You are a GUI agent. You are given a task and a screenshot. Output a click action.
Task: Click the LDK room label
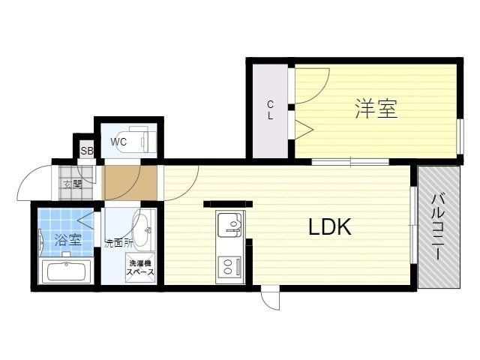pos(330,226)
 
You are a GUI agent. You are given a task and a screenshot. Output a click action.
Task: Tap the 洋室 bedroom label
pos(376,109)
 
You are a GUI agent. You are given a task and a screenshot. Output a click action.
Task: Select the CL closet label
pos(270,110)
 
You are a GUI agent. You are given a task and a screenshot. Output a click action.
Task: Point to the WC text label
pos(118,142)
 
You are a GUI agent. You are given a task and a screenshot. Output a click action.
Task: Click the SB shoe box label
pos(87,151)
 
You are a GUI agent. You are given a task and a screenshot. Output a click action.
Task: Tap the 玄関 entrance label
pos(73,184)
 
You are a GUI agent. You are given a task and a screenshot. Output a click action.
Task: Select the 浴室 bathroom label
pos(68,240)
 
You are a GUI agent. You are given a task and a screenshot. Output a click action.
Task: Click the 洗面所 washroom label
pos(118,243)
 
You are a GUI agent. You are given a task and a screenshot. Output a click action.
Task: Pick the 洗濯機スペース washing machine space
pos(140,267)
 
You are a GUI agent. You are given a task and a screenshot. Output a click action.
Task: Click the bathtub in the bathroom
pos(67,271)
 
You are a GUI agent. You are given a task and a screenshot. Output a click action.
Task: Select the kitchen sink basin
pos(229,225)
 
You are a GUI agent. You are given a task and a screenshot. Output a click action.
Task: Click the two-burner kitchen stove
pos(229,266)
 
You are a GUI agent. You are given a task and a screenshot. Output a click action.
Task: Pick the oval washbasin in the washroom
pos(142,228)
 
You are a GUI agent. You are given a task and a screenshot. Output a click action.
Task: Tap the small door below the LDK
pos(270,298)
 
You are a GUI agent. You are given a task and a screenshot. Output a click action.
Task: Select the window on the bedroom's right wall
pos(460,136)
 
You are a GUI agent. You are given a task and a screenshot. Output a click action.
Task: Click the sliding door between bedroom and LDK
pos(350,162)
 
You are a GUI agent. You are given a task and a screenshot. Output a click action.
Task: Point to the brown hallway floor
pos(129,183)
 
